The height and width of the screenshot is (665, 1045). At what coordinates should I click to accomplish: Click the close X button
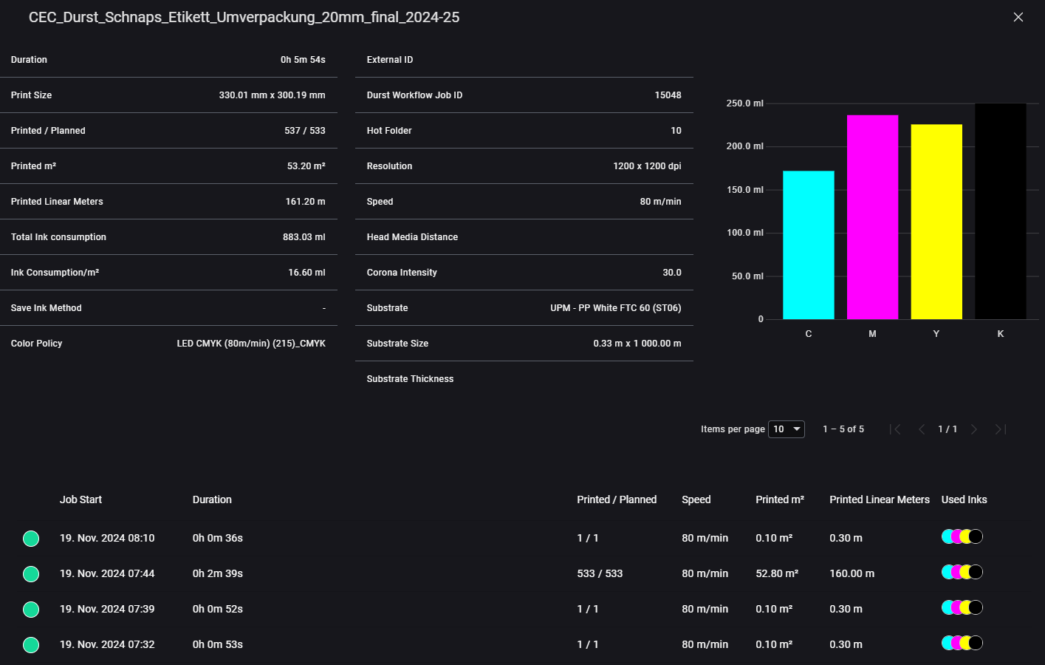[1018, 17]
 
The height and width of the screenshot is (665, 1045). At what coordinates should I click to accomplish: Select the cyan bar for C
[808, 245]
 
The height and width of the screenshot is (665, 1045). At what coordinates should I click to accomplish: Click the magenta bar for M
[872, 217]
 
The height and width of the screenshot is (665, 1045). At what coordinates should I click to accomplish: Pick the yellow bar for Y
[936, 222]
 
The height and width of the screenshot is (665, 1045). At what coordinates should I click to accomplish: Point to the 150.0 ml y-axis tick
[744, 190]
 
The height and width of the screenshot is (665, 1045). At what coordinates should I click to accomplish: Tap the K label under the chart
[1000, 334]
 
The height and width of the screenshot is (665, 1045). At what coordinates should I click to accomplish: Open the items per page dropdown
[787, 429]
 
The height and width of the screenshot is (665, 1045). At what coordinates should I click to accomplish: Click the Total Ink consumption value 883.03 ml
[304, 237]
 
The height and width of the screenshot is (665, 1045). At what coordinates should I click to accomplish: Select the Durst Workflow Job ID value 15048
[668, 95]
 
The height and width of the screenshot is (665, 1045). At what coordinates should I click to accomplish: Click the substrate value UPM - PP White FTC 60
[615, 308]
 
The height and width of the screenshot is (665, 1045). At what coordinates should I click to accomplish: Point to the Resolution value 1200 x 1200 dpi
[647, 166]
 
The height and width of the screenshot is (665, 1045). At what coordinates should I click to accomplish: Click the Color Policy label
[36, 344]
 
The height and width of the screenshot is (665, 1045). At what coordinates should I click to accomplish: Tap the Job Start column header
[80, 499]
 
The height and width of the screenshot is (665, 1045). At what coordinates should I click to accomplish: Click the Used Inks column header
[964, 499]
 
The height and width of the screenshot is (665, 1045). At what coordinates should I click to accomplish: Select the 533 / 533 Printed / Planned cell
[599, 573]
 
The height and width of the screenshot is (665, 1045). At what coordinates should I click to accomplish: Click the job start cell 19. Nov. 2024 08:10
[107, 538]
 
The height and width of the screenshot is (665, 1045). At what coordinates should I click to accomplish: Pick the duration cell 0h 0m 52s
[217, 609]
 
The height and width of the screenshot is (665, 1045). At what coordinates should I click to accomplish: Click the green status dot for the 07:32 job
[31, 645]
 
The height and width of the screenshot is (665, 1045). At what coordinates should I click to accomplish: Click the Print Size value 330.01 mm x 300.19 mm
[272, 95]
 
